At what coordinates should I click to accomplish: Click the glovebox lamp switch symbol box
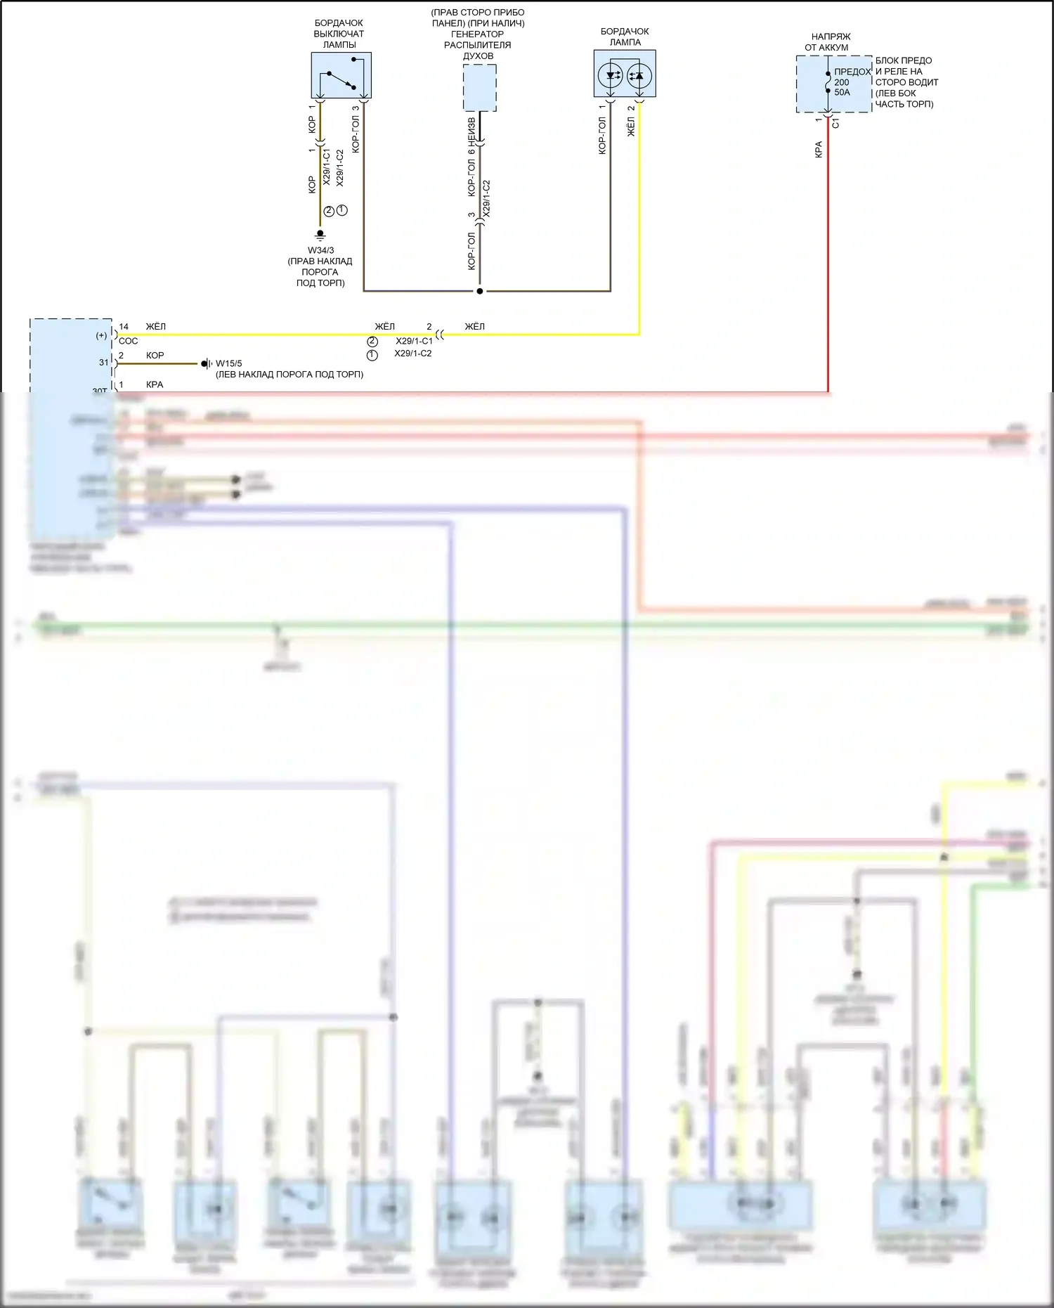coord(341,75)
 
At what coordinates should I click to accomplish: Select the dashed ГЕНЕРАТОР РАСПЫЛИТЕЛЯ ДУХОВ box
coord(479,88)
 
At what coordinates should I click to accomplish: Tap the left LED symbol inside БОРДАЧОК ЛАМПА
coord(611,75)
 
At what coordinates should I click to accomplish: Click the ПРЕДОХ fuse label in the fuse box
coord(852,72)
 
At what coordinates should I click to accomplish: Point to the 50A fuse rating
coord(842,92)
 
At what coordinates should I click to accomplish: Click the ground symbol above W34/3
coord(320,234)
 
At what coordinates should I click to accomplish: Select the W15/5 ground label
coord(228,363)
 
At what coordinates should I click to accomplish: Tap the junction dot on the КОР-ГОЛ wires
coord(480,291)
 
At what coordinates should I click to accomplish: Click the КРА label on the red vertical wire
coord(819,149)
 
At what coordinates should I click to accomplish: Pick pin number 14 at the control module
coord(124,327)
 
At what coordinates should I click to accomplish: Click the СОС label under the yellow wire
coord(129,341)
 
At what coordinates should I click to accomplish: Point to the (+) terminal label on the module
coord(102,335)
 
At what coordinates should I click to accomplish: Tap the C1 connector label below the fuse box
coord(835,124)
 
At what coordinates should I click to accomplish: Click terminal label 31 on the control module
coord(104,363)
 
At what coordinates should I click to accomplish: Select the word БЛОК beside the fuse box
coord(888,60)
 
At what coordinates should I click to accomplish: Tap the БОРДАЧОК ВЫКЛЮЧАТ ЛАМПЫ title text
coord(339,34)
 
